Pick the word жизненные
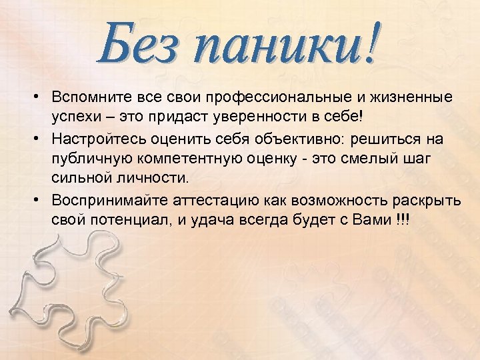pos(411,98)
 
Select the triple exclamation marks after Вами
pos(403,220)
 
